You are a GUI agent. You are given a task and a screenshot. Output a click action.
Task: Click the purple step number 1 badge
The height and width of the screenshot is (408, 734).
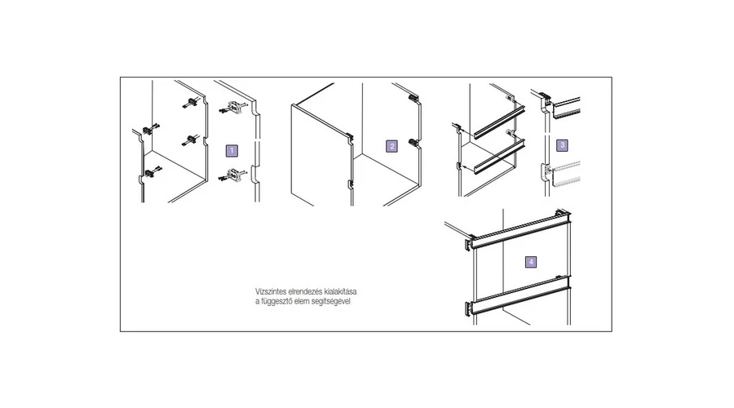point(232,150)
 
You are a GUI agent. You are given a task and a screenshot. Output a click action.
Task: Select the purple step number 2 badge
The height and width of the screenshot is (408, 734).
point(391,146)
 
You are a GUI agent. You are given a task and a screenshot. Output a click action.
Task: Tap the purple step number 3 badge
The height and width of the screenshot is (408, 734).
point(562,144)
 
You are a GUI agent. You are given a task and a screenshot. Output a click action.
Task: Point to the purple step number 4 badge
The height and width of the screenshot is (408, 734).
point(531,262)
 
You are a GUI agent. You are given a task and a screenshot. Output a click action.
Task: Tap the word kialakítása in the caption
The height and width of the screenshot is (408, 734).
point(340,292)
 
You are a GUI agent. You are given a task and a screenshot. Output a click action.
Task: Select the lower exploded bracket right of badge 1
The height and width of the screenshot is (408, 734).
point(232,175)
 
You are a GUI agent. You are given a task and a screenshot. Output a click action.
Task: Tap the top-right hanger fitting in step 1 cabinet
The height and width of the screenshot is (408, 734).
point(191,103)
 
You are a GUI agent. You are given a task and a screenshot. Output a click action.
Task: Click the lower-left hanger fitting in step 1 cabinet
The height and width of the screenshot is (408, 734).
point(151,173)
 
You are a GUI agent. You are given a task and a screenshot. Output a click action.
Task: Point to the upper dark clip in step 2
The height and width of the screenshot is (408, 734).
point(413,98)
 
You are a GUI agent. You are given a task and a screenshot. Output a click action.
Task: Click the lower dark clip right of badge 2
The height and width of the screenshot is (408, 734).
point(413,142)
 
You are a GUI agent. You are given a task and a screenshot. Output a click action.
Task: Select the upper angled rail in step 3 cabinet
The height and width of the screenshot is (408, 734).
point(499,122)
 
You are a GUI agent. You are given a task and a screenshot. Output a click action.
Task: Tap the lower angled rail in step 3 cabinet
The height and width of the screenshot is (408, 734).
point(498,157)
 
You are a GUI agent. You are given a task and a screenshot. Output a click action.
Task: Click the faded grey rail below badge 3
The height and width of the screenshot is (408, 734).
point(568,174)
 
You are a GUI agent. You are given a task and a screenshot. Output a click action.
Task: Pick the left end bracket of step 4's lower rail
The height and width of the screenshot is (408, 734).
point(469,308)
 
